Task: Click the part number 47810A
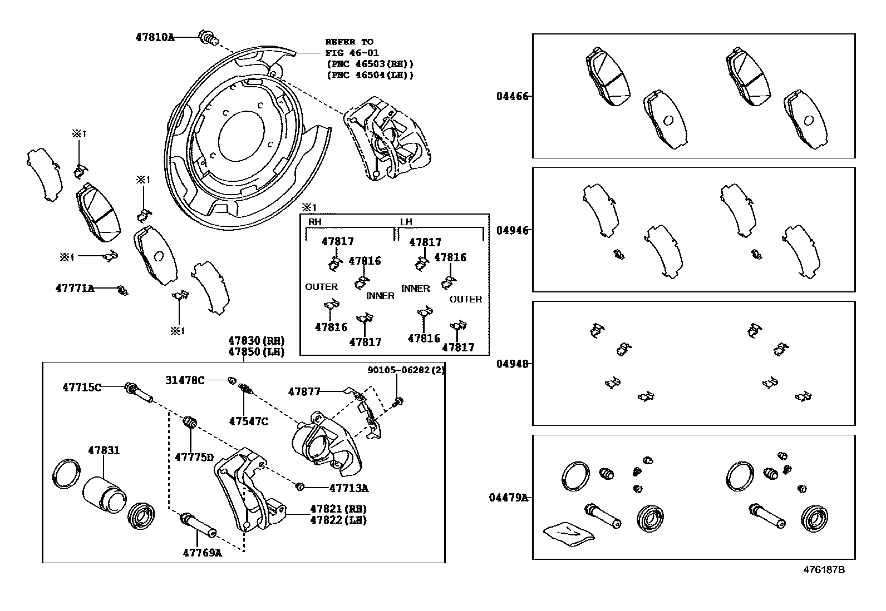pos(155,37)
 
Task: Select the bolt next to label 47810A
pos(207,38)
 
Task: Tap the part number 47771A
pos(75,288)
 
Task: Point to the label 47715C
pos(82,387)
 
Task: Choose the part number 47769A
pos(202,553)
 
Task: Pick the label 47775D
pos(194,457)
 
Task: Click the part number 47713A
pos(349,488)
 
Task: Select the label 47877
pos(304,391)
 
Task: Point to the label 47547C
pos(248,421)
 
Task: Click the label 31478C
pos(185,380)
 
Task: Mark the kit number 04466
pos(513,96)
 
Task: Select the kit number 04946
pos(513,230)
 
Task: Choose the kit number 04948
pos(513,364)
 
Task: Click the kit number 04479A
pos(509,498)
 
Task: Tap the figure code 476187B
pos(824,570)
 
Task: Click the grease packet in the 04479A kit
pos(568,532)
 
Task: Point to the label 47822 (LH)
pos(338,520)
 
